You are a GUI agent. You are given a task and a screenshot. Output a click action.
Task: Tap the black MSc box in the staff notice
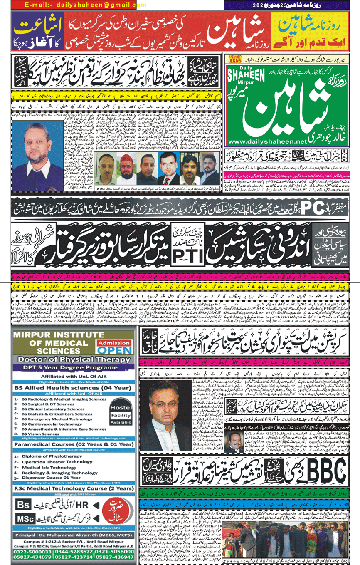(x=25, y=519)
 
